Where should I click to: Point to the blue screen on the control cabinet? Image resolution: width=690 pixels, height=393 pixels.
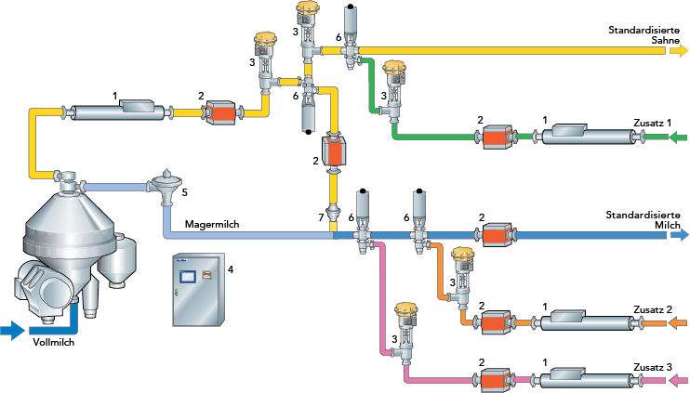[189, 276]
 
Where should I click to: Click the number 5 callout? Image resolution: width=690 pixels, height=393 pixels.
[184, 192]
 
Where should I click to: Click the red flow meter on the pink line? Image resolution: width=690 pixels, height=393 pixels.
[496, 379]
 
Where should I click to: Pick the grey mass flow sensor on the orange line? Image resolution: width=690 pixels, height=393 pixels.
[573, 321]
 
